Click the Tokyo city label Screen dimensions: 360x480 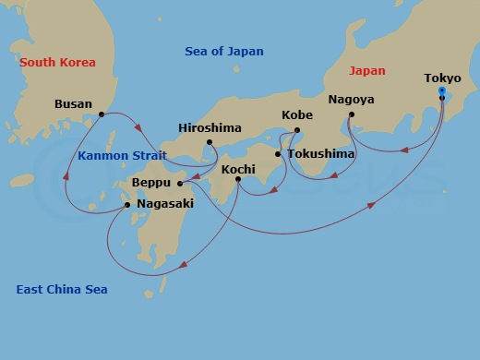[x=442, y=78]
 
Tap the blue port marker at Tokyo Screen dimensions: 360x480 [x=442, y=91]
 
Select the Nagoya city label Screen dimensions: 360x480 [x=352, y=99]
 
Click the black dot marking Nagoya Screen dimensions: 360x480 [x=352, y=114]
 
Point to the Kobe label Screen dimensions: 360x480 [x=297, y=116]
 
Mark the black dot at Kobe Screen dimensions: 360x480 [x=297, y=130]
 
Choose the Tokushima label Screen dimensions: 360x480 [x=320, y=154]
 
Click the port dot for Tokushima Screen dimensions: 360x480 [x=278, y=154]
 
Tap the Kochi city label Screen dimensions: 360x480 [x=239, y=170]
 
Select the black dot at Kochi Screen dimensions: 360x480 [x=238, y=180]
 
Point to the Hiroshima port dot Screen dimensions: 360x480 [x=210, y=142]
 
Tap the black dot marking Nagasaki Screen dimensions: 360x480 [x=127, y=205]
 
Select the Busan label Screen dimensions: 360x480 [x=73, y=104]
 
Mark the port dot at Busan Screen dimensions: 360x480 [x=101, y=114]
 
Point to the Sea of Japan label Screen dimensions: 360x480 [x=224, y=52]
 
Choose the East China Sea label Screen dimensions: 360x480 [x=62, y=290]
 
